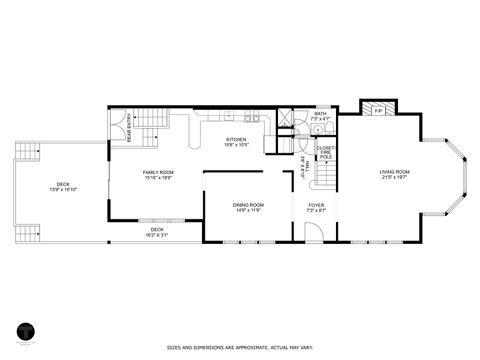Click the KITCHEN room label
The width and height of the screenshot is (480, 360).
pyautogui.click(x=236, y=139)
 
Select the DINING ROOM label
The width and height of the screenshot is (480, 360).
pyautogui.click(x=249, y=204)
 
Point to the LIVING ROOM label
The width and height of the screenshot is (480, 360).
pyautogui.click(x=394, y=172)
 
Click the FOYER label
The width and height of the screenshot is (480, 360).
pyautogui.click(x=315, y=204)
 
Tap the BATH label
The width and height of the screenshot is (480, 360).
pyautogui.click(x=320, y=114)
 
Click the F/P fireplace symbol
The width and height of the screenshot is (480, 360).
pyautogui.click(x=377, y=111)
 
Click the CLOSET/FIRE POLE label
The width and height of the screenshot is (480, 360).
pyautogui.click(x=325, y=152)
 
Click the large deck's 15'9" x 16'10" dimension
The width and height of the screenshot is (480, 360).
pyautogui.click(x=63, y=189)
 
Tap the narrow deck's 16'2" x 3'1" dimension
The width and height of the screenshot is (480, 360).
pyautogui.click(x=157, y=234)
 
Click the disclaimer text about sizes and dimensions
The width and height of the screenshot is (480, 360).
pyautogui.click(x=240, y=348)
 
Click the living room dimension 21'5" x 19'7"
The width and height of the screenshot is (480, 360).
pyautogui.click(x=394, y=177)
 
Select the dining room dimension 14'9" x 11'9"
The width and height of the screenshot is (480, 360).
pyautogui.click(x=249, y=210)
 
